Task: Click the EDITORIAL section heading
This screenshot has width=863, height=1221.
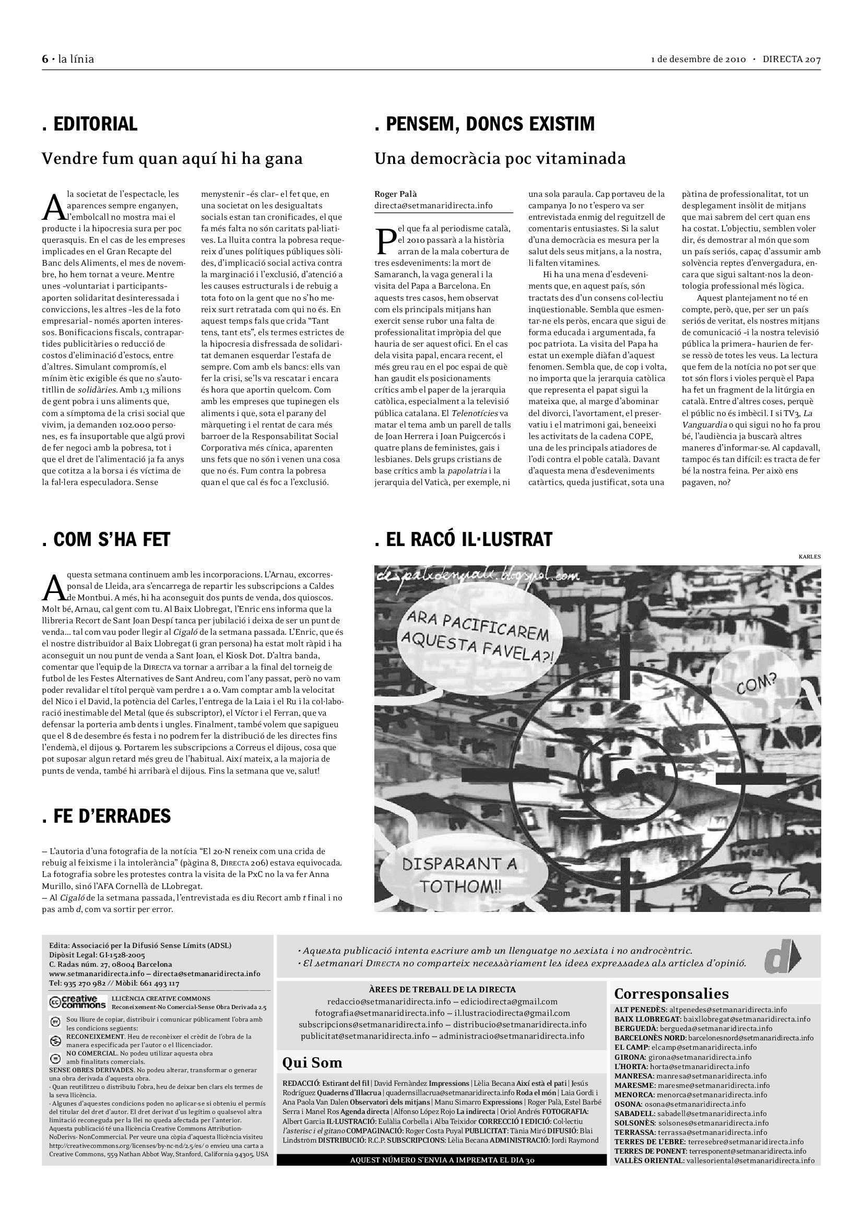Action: click(90, 124)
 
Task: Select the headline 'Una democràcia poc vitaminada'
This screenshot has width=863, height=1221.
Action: click(500, 159)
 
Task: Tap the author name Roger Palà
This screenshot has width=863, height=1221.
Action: click(396, 194)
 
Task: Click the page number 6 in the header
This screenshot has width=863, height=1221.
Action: click(45, 59)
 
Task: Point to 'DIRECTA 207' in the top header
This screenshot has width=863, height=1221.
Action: click(791, 59)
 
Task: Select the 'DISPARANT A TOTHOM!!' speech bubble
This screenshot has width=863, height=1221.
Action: click(459, 874)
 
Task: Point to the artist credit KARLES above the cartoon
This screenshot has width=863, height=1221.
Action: click(809, 557)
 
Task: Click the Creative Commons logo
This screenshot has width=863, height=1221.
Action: click(78, 1002)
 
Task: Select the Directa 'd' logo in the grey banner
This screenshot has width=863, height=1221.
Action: click(782, 957)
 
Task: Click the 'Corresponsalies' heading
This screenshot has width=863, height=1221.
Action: click(671, 994)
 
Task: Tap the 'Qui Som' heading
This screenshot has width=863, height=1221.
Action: click(312, 1062)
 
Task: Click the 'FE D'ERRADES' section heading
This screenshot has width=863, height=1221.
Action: click(107, 816)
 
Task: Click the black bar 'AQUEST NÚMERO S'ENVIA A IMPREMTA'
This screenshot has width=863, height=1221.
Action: click(441, 1160)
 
